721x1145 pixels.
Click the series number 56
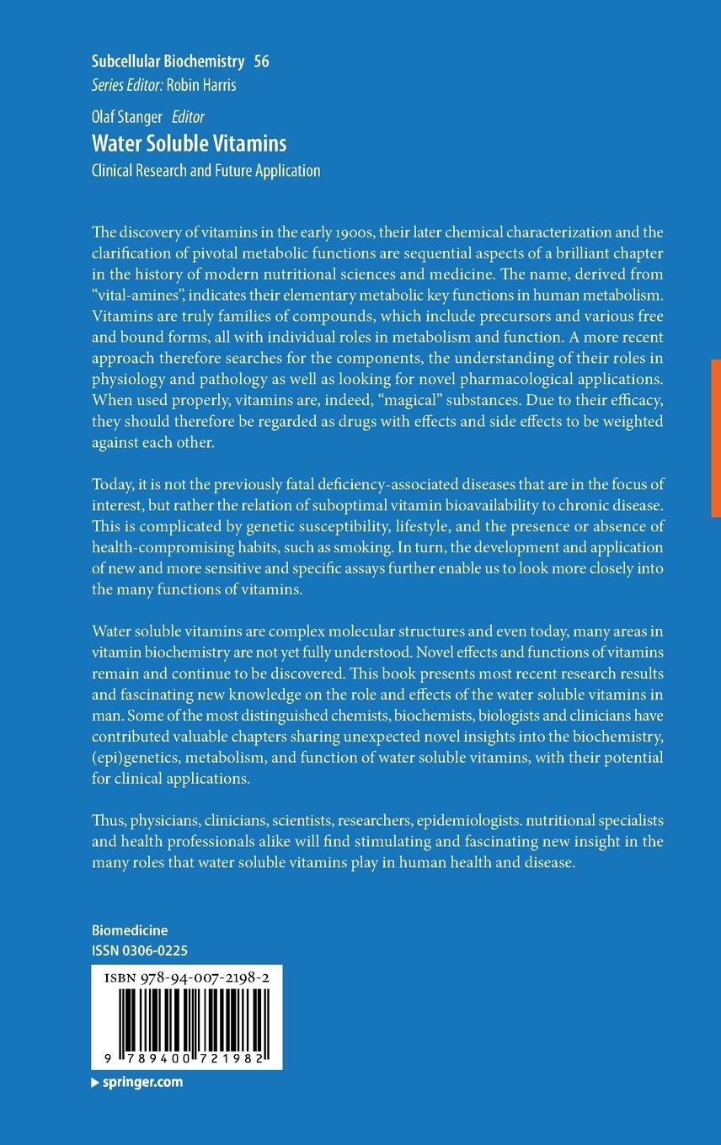pos(261,61)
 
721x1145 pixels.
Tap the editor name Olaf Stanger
pos(127,117)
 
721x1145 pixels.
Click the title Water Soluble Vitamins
pos(189,142)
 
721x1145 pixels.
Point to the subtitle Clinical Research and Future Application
pos(206,170)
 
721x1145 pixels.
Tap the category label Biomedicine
pos(130,930)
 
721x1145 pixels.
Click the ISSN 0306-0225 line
pos(139,951)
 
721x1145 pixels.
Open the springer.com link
pos(142,1083)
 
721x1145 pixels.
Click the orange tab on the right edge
pos(715,438)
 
